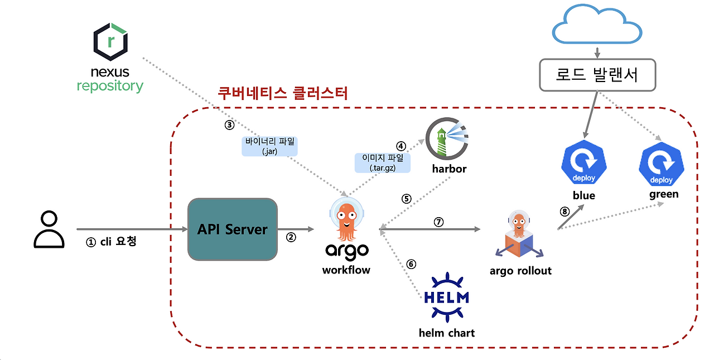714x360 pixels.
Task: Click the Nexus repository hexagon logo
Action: pos(110,41)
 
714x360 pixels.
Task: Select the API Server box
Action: pos(233,229)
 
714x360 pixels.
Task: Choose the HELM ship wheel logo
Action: pos(446,297)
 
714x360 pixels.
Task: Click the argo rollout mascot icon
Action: pos(519,237)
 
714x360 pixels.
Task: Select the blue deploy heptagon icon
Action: pos(583,164)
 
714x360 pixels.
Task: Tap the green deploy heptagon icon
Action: pos(662,164)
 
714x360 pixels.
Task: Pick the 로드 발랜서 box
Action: pos(597,74)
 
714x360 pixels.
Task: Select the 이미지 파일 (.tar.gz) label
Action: pos(383,162)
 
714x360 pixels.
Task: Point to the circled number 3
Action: pos(229,125)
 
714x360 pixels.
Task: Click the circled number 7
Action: pos(439,222)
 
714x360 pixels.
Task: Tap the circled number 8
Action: pos(564,212)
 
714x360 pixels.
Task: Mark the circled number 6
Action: pos(411,264)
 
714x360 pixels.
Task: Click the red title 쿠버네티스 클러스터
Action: pos(283,93)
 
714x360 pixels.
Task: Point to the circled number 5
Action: pos(407,198)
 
